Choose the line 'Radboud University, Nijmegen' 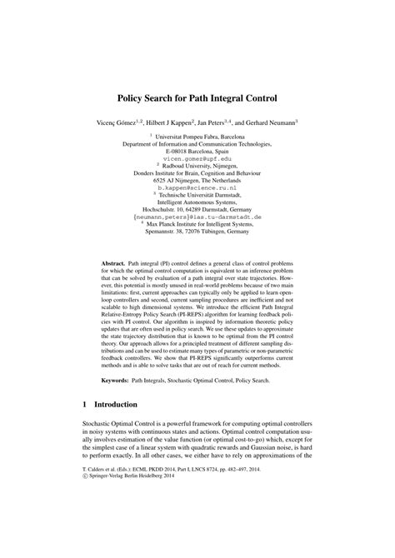199,165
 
